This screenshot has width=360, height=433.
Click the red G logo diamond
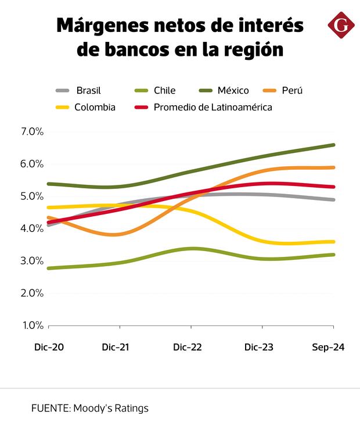pos(341,25)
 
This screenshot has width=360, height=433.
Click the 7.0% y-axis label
pos(32,132)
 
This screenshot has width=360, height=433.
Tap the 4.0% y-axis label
pos(32,228)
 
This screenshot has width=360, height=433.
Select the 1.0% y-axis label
pos(32,325)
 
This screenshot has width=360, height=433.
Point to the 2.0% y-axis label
pos(32,293)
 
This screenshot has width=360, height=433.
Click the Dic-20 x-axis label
pos(49,348)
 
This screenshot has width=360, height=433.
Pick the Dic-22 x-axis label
pos(188,348)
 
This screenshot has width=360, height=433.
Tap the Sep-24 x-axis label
pos(329,348)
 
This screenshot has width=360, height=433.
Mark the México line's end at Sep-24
pos(333,145)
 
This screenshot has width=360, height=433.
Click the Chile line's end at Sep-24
pos(333,255)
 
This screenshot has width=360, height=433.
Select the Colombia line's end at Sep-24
pos(333,242)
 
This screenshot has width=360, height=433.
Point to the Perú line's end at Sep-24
pos(333,167)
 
